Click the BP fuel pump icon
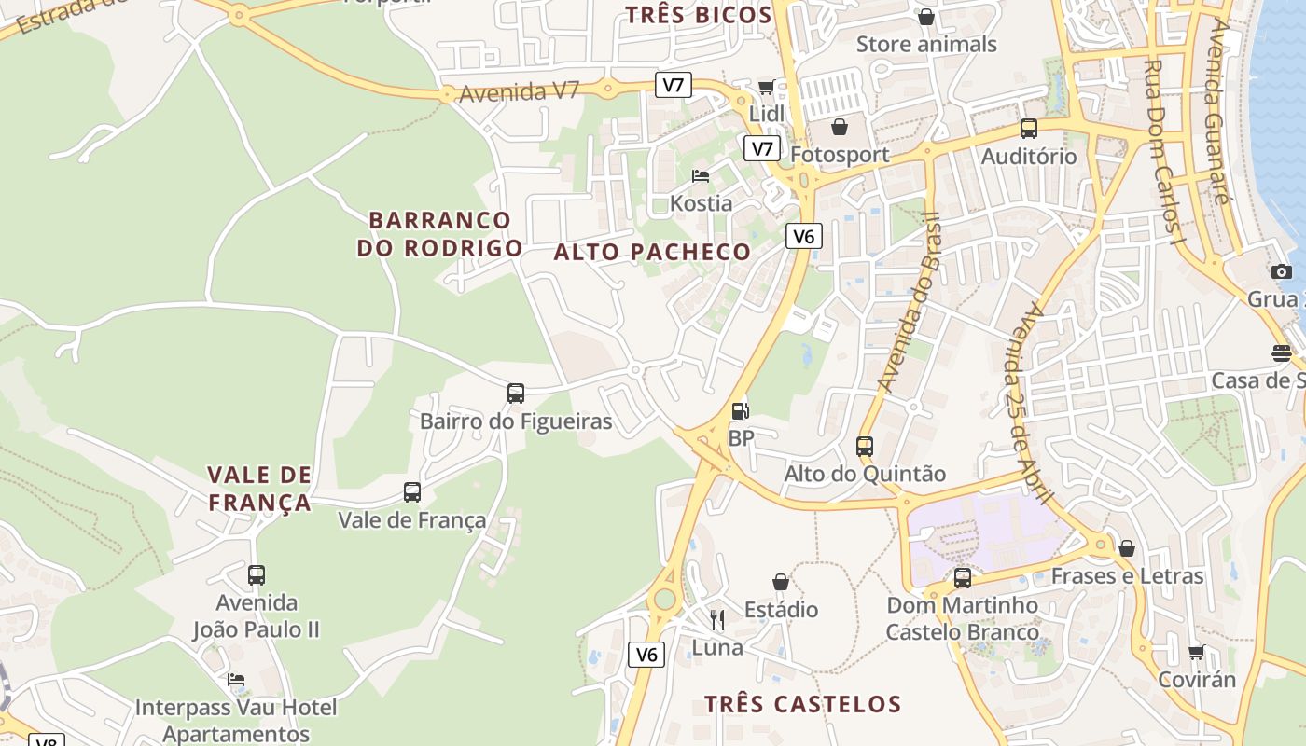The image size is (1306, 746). [740, 410]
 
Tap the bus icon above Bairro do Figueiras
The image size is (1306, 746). [516, 394]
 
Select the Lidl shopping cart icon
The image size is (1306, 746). [766, 87]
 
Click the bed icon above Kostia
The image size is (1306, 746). [701, 175]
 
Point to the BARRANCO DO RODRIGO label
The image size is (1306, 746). [439, 234]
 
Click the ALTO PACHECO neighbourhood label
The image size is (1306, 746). [652, 252]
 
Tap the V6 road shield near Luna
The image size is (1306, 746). [646, 655]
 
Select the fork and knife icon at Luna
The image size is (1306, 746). [717, 620]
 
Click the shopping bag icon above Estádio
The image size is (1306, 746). [781, 582]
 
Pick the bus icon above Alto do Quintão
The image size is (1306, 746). [865, 446]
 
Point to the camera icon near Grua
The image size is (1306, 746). [1282, 271]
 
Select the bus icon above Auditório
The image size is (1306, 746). [1029, 129]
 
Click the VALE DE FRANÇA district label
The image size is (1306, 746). [259, 489]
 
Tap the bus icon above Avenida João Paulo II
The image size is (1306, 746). [257, 574]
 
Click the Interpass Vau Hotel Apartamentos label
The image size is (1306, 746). [235, 720]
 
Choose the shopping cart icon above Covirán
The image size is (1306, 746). [1197, 652]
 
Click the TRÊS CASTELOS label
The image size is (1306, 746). [802, 704]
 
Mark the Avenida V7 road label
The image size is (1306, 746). [520, 91]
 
